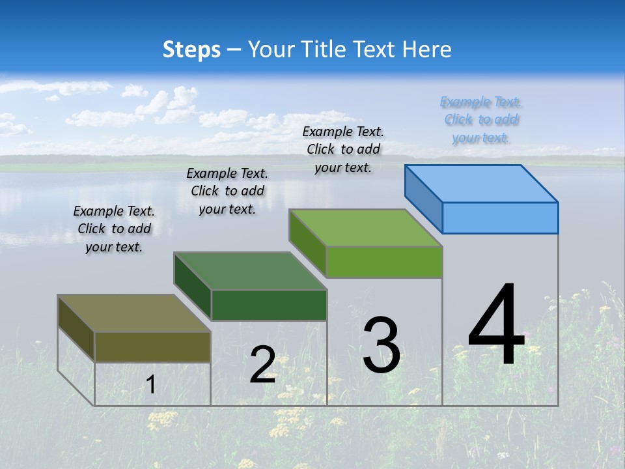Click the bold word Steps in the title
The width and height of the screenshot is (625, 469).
(191, 50)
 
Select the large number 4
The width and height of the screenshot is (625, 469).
(496, 326)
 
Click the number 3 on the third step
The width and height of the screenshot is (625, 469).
(382, 345)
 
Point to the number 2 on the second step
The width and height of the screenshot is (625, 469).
(262, 365)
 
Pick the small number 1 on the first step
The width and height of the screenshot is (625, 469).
(151, 384)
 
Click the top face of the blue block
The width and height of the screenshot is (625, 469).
(482, 184)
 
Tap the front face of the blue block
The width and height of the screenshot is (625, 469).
(500, 218)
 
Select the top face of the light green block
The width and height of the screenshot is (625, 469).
(366, 228)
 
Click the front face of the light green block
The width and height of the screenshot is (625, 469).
(384, 262)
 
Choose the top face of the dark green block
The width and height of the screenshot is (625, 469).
(250, 271)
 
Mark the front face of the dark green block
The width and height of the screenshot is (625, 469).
(269, 305)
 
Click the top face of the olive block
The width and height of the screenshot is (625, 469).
(134, 313)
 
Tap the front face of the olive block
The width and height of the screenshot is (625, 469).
(152, 347)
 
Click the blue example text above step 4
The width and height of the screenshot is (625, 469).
(480, 120)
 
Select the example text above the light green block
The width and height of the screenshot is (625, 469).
(343, 150)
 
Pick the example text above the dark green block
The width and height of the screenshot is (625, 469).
(227, 191)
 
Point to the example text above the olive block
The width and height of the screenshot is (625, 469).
(114, 229)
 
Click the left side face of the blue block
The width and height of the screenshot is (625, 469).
(424, 199)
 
